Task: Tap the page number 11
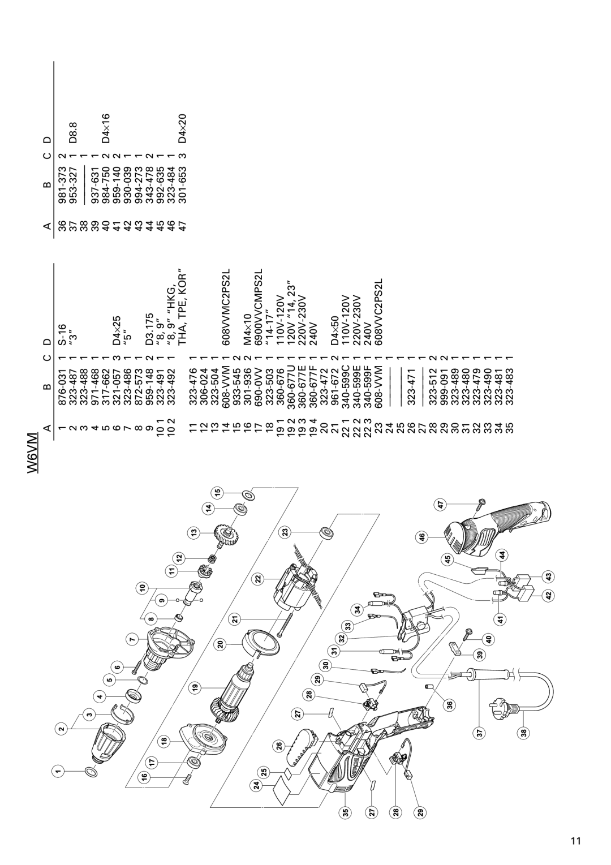click(575, 824)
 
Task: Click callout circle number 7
click(130, 639)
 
